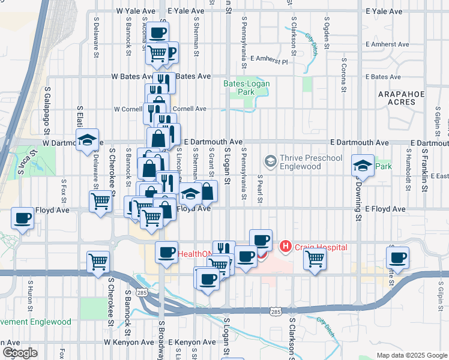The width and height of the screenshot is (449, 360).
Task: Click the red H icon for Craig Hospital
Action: (286, 246)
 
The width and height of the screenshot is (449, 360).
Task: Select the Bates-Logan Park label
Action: (247, 88)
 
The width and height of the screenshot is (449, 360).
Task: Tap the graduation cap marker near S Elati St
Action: (88, 140)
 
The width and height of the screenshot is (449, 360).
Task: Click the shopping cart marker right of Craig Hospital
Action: (315, 259)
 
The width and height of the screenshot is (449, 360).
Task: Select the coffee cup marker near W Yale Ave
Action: (158, 32)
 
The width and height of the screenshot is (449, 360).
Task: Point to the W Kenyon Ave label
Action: (129, 342)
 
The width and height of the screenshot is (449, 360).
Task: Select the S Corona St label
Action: (345, 77)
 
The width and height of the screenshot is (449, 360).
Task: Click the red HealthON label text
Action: (195, 254)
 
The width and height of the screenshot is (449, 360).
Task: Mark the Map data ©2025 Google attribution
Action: (411, 355)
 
